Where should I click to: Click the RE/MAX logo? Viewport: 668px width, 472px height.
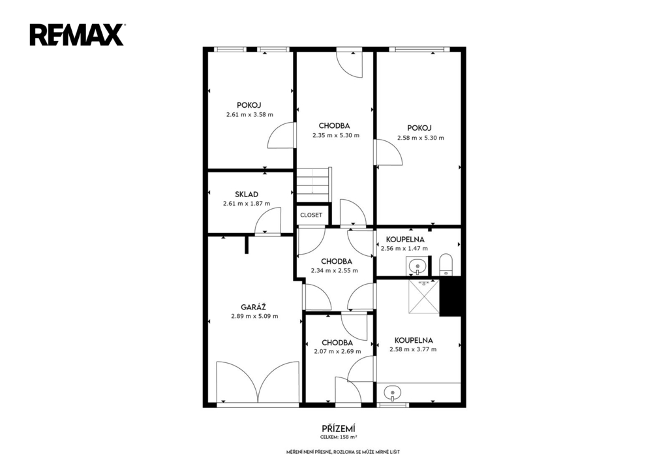[77, 35]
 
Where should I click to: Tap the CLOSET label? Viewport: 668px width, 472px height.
[311, 215]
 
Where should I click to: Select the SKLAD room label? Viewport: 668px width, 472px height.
[247, 195]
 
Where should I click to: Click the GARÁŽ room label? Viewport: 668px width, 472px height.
[254, 307]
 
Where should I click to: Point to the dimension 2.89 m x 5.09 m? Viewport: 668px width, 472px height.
[255, 317]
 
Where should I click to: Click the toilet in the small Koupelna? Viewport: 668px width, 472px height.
[446, 264]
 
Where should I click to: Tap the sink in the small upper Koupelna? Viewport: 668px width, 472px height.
[417, 266]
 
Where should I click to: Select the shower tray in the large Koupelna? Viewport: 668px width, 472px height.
[423, 296]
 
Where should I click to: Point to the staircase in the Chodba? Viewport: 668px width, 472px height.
[314, 184]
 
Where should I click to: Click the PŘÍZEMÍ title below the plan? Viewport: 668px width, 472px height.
[339, 428]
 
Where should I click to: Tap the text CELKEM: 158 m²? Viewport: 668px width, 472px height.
[339, 437]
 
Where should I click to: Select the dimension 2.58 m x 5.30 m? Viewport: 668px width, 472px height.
[421, 138]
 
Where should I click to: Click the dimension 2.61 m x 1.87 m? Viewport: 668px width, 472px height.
[247, 204]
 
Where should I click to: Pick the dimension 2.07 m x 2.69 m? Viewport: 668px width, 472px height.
[337, 352]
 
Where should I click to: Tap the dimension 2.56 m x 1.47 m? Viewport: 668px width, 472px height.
[404, 249]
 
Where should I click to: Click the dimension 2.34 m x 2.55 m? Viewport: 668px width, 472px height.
[335, 270]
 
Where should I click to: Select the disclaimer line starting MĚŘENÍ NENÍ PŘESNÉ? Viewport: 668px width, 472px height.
[343, 452]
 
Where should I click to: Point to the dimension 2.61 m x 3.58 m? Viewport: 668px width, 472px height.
[250, 115]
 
